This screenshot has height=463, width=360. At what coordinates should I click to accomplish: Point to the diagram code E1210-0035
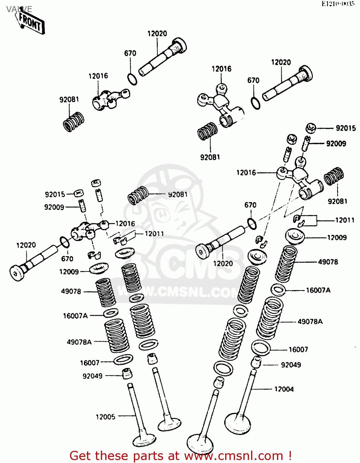(x=338, y=4)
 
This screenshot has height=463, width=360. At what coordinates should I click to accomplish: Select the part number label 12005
(x=105, y=417)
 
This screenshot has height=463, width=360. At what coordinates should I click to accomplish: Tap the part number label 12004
(x=284, y=389)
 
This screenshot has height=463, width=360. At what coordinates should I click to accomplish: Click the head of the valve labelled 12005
(x=144, y=440)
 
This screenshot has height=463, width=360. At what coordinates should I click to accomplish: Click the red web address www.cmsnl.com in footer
(x=234, y=456)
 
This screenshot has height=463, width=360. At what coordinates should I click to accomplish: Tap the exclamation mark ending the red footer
(x=290, y=456)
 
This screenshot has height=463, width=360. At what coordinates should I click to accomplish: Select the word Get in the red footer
(x=81, y=456)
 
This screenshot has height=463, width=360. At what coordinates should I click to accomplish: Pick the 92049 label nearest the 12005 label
(x=92, y=376)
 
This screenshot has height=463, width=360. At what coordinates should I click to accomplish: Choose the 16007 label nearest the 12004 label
(x=298, y=349)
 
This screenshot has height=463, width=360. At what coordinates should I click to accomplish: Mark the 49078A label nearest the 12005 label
(x=79, y=342)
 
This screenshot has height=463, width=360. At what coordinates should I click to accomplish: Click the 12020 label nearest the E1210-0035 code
(x=281, y=62)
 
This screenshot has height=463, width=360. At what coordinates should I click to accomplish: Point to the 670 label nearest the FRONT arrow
(x=130, y=53)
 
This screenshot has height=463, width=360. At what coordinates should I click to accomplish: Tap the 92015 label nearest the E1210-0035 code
(x=346, y=128)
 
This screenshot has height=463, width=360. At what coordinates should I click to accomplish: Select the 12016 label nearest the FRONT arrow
(x=98, y=76)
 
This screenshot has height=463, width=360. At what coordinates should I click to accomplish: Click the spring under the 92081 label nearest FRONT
(x=73, y=122)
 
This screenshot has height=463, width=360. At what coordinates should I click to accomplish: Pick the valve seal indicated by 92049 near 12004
(x=256, y=362)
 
